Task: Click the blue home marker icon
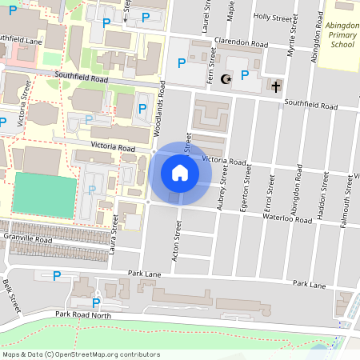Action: tap(180, 173)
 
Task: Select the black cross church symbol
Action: tap(277, 86)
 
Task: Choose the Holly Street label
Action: tap(268, 16)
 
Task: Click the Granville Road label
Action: tap(27, 238)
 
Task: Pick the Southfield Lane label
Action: tap(22, 38)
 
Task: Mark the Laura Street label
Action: tap(115, 238)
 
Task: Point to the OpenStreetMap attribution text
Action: tap(81, 354)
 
